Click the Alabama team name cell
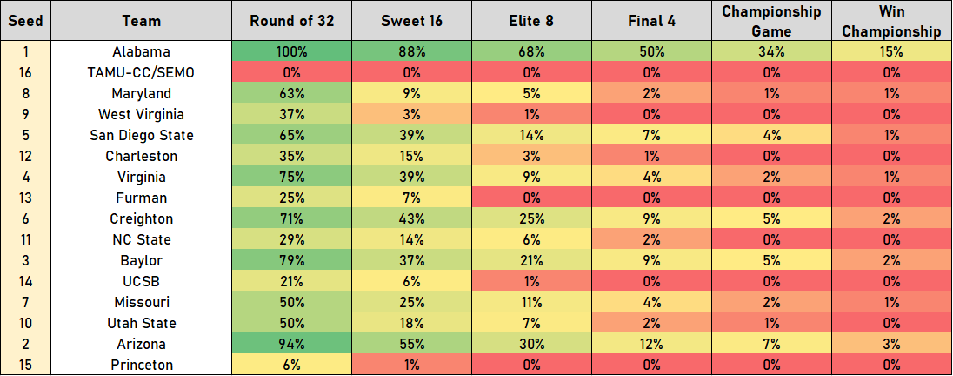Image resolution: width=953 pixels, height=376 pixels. click(142, 51)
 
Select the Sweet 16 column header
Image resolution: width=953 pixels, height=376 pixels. click(411, 20)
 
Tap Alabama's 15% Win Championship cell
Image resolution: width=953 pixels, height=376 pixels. click(890, 51)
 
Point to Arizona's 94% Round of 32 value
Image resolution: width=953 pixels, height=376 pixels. click(291, 344)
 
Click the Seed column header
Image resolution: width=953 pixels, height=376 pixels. click(26, 20)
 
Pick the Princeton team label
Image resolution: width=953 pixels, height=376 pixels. click(142, 365)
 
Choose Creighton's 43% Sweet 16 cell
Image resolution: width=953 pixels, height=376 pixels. click(411, 218)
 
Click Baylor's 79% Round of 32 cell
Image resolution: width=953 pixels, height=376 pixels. click(291, 260)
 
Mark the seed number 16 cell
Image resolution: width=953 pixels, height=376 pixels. click(26, 72)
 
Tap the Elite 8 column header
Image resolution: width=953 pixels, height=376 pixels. click(531, 20)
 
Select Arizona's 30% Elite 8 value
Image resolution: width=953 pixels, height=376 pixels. click(531, 344)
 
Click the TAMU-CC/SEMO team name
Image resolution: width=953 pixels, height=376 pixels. click(142, 72)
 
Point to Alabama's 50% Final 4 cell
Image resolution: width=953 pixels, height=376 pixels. click(651, 51)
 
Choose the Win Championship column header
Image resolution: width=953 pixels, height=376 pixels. click(890, 20)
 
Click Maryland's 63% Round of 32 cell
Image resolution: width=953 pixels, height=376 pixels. click(291, 93)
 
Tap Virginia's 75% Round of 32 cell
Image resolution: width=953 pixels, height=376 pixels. click(291, 177)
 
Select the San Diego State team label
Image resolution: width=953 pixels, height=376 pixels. click(142, 135)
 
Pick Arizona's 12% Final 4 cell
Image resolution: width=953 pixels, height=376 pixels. click(651, 344)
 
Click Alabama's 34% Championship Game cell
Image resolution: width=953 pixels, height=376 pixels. click(771, 51)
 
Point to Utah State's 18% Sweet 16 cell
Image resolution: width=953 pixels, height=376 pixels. click(411, 323)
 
